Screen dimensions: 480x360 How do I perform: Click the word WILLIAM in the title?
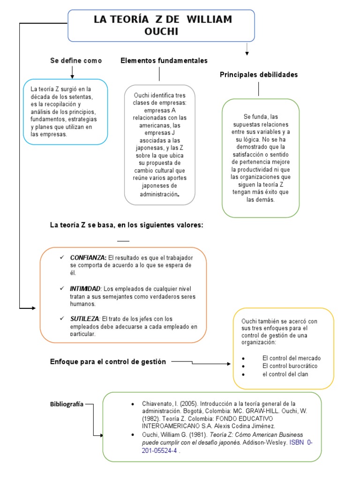(210, 20)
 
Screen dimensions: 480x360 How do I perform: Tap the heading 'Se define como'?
(76, 61)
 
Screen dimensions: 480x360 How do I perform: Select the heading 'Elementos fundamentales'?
(164, 60)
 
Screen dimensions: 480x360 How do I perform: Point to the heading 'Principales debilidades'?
(259, 75)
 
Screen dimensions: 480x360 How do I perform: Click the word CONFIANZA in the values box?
(88, 258)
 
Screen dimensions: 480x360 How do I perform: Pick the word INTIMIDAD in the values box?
(85, 288)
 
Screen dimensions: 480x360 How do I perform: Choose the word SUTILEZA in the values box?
(84, 319)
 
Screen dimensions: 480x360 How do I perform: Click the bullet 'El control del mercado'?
(292, 358)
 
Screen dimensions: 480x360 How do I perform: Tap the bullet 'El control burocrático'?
(290, 366)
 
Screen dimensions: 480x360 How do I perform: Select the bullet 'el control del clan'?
(285, 374)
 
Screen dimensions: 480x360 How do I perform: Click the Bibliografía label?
(67, 404)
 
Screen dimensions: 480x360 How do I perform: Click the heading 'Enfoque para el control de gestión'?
(108, 361)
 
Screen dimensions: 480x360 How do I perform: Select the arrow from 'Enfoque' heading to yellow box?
(202, 362)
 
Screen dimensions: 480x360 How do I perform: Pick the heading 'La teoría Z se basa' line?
(127, 225)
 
